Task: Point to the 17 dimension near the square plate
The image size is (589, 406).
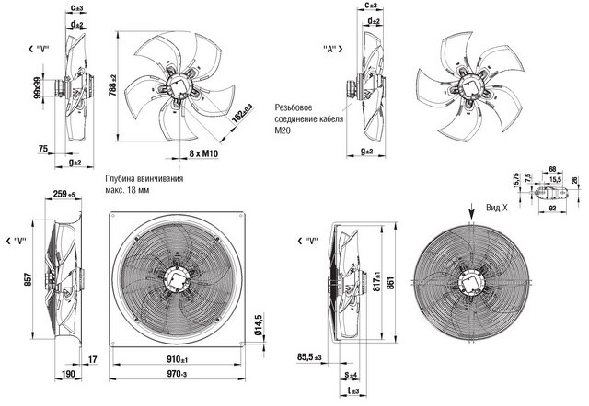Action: point(94,356)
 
